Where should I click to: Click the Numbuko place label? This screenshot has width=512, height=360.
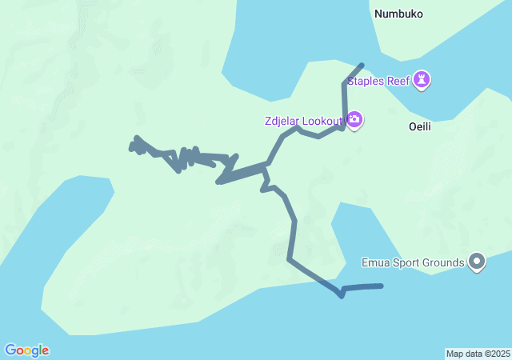(x=398, y=14)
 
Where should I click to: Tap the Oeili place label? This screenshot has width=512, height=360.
(x=420, y=126)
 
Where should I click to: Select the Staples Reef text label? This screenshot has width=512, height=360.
(x=378, y=80)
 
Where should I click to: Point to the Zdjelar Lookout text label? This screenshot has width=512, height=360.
(x=302, y=122)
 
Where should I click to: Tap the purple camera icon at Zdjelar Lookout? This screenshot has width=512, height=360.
(x=354, y=121)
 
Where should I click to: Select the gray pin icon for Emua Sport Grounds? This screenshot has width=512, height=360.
(x=478, y=261)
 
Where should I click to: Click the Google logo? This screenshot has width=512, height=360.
(x=26, y=350)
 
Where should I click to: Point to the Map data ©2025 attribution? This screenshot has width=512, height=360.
(x=478, y=354)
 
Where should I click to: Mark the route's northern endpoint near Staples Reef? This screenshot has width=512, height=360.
(x=362, y=65)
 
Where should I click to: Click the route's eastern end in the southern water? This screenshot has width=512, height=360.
(x=382, y=286)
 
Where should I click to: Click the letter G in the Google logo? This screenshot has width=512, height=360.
(x=11, y=350)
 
